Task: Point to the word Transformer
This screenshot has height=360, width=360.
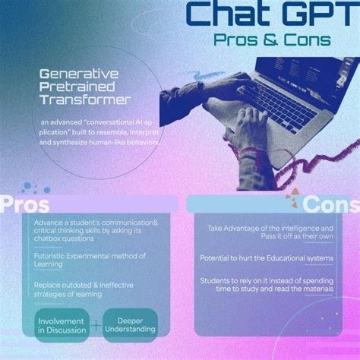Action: pyautogui.click(x=86, y=99)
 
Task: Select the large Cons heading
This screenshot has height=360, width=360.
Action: pyautogui.click(x=330, y=204)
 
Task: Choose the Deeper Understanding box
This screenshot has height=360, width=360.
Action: pyautogui.click(x=130, y=324)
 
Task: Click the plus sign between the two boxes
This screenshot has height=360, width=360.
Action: pyautogui.click(x=96, y=326)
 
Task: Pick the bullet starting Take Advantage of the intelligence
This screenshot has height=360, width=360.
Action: pyautogui.click(x=270, y=232)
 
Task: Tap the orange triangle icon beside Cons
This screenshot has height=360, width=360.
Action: pyautogui.click(x=291, y=201)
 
